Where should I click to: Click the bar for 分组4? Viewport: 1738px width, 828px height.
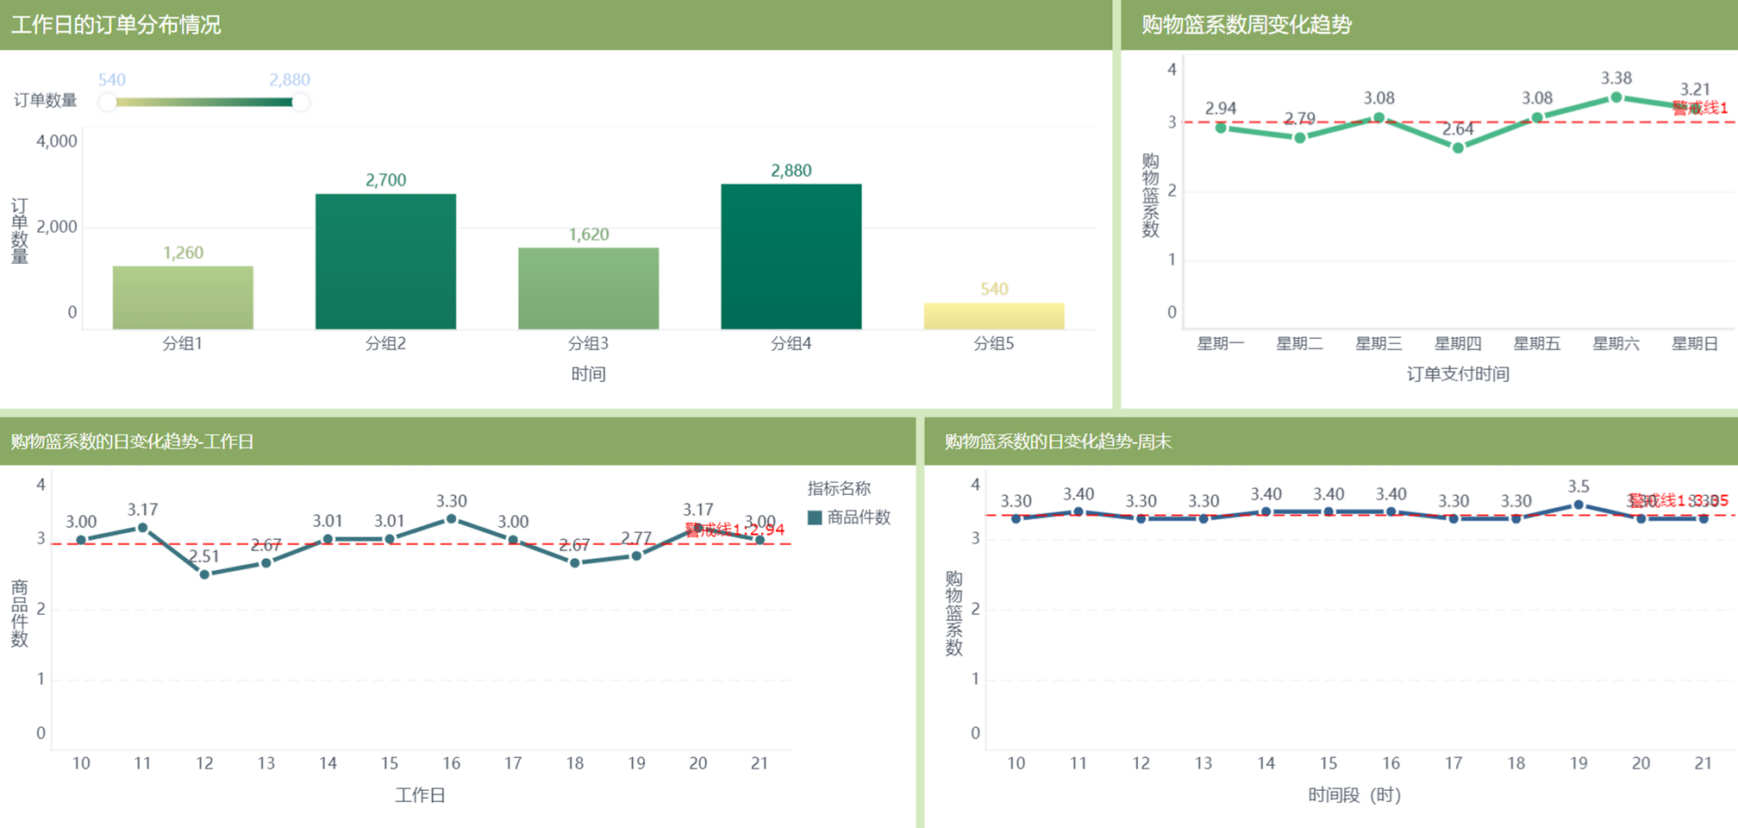coord(791,256)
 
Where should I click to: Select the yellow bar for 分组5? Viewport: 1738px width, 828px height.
coord(993,316)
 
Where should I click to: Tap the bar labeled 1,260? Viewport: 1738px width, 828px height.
coord(183,297)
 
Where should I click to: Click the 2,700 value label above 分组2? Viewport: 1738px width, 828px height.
coord(385,180)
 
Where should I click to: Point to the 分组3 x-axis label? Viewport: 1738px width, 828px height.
coord(588,343)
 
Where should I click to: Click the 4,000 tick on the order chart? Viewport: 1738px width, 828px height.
coord(57,141)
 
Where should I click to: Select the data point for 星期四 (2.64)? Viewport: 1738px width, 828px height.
coord(1458,148)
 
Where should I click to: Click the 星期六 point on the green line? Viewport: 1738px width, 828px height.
coord(1616,98)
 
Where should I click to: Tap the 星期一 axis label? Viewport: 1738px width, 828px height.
coord(1221,343)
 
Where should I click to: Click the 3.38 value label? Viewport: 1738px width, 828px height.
coord(1616,78)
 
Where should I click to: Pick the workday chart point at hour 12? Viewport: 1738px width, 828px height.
coord(204,574)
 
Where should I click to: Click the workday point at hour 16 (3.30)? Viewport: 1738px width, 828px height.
coord(452,519)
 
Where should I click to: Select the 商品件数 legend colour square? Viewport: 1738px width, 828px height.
coord(815,518)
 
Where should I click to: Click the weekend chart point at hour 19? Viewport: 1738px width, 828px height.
coord(1579,505)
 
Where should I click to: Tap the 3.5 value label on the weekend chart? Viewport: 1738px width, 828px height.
coord(1579,486)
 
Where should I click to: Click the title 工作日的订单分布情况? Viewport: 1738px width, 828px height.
coord(116,24)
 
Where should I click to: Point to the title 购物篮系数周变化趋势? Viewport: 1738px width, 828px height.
coord(1247,24)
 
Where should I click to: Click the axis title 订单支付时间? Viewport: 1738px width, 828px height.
coord(1458,373)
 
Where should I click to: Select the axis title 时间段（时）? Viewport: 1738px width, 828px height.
coord(1354,794)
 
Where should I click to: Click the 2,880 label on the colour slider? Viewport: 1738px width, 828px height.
coord(290,80)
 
